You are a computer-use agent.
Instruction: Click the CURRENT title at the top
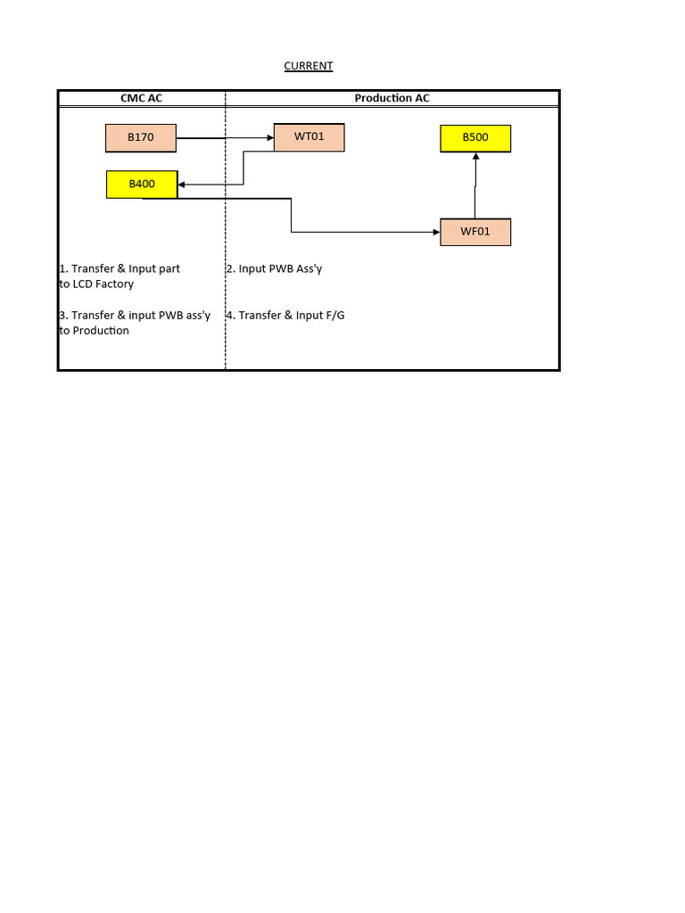coord(308,66)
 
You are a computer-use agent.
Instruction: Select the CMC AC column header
coord(141,98)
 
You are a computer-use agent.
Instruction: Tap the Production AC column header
coord(392,98)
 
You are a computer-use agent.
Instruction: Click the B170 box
coord(141,138)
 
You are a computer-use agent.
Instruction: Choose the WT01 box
coord(309,137)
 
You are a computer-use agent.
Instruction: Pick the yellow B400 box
coord(142,185)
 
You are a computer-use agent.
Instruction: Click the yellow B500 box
coord(475,138)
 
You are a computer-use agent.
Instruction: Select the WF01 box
coord(475,233)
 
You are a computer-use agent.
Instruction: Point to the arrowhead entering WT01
coord(269,137)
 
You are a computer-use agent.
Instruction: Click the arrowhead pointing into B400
coord(182,185)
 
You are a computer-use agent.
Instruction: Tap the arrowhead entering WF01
coord(437,233)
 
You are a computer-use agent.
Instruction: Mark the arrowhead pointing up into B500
coord(475,156)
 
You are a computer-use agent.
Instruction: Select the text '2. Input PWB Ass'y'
coord(274,268)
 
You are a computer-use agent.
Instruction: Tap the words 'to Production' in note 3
coord(94,330)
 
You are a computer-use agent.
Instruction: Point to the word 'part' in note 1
coord(169,268)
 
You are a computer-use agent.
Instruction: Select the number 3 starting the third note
coord(62,315)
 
